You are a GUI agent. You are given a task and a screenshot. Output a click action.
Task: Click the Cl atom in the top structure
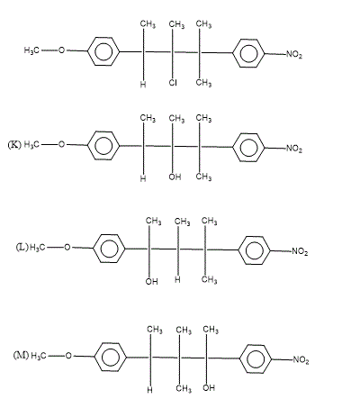(173, 83)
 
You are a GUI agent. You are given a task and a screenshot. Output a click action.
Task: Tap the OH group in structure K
(175, 177)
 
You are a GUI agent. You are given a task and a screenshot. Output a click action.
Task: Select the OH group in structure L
(151, 281)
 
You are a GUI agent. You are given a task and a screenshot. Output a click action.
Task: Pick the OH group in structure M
(209, 387)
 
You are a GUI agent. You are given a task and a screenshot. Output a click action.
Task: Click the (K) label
(14, 145)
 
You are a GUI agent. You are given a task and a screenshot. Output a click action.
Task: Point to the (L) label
(22, 247)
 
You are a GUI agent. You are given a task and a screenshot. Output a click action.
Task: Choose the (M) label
(21, 356)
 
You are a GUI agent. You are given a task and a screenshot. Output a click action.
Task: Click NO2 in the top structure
(294, 55)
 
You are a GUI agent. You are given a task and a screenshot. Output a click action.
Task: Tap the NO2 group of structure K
(294, 149)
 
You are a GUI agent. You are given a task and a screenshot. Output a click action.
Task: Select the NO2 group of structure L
(300, 251)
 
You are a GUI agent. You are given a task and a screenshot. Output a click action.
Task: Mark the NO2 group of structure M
(301, 359)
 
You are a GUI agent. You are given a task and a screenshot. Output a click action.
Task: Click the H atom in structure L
(177, 280)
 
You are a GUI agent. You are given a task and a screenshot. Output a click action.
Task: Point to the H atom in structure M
(149, 390)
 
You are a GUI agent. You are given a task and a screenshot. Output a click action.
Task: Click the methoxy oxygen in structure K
(61, 144)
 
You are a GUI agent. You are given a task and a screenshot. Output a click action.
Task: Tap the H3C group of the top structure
(31, 50)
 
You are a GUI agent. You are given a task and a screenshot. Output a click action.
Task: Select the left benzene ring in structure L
(109, 249)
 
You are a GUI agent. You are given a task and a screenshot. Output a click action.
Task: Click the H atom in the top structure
(143, 85)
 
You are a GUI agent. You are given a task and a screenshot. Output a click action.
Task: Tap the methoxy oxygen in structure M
(68, 356)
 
